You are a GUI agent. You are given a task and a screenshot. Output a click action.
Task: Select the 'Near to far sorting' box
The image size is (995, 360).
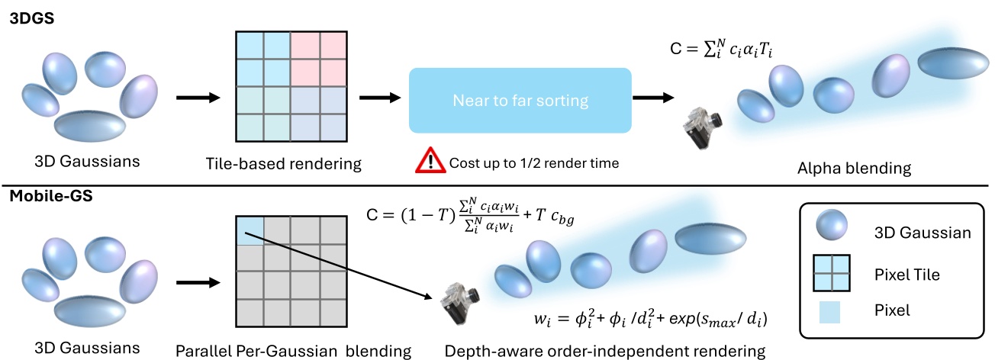click(520, 99)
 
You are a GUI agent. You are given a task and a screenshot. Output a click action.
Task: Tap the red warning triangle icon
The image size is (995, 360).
click(429, 162)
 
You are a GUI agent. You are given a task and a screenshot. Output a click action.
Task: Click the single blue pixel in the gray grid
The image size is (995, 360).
click(250, 231)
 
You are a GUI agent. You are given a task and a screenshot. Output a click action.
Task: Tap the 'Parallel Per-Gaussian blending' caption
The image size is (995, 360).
click(293, 352)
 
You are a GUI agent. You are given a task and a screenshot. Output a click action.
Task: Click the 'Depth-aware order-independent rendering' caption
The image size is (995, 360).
click(605, 352)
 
